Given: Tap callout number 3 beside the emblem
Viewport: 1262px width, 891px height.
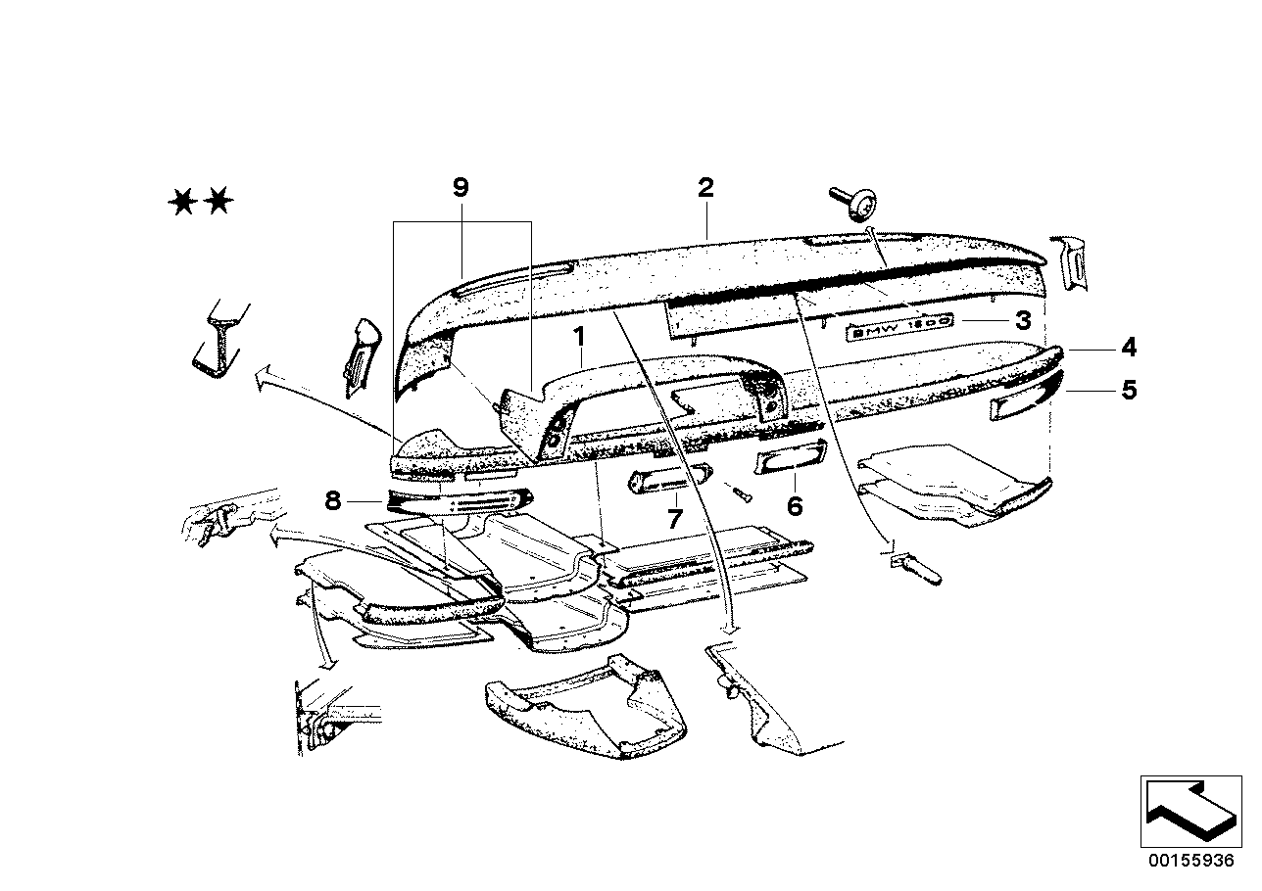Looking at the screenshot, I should pyautogui.click(x=1022, y=319).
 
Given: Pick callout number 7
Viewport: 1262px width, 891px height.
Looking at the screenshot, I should pyautogui.click(x=674, y=519).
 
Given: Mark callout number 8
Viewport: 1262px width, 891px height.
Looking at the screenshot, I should pyautogui.click(x=333, y=501).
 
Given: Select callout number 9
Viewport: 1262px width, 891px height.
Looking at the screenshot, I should pyautogui.click(x=461, y=186).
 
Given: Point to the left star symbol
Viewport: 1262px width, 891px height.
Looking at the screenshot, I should pyautogui.click(x=181, y=203).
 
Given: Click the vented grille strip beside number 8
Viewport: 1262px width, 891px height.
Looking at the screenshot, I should pyautogui.click(x=459, y=501).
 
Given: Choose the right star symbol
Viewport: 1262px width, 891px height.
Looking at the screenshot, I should pyautogui.click(x=220, y=203).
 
